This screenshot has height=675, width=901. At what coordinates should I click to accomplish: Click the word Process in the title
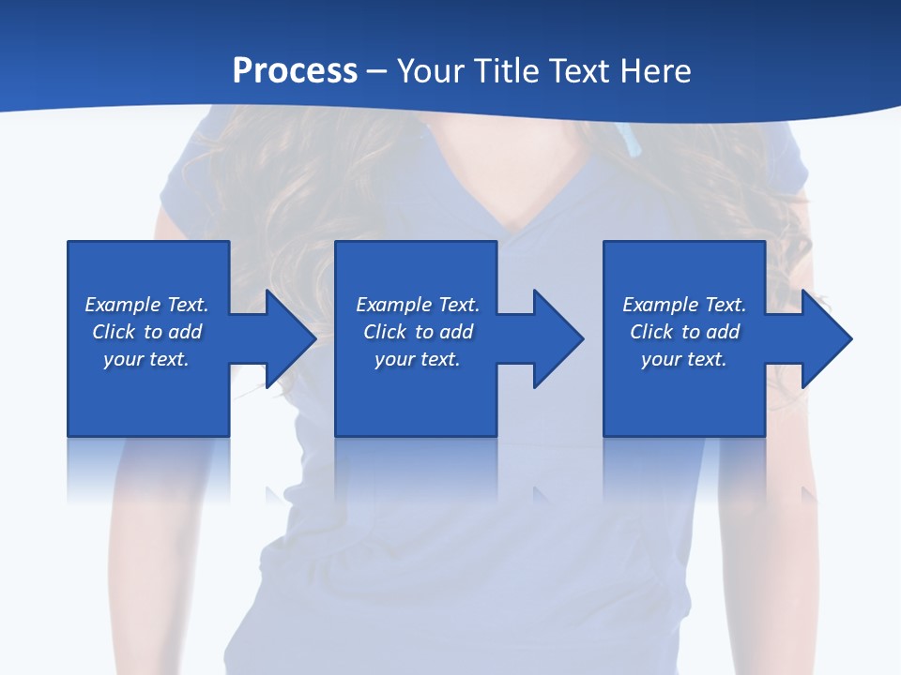(295, 71)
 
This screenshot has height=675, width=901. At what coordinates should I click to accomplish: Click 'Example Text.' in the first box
(146, 305)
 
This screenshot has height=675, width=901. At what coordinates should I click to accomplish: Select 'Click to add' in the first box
(146, 332)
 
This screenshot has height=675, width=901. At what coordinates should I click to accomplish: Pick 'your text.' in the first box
(146, 359)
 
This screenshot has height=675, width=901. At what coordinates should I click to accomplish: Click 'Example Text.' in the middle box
(417, 305)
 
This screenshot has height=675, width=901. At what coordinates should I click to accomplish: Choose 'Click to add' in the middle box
(417, 332)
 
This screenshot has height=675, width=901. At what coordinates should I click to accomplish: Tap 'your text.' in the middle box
(417, 359)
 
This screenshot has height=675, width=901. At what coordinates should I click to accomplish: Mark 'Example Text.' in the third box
(684, 305)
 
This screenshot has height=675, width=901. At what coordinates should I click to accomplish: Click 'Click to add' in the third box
(684, 332)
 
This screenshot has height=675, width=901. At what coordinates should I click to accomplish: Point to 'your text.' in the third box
(684, 359)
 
